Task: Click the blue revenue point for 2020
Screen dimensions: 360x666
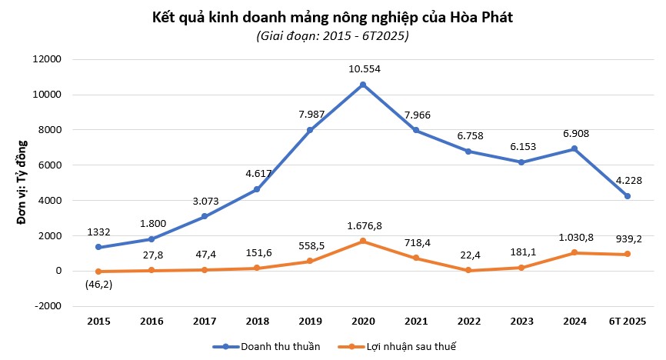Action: (363, 85)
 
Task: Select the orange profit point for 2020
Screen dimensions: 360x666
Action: (363, 241)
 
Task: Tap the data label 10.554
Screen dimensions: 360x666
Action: (363, 67)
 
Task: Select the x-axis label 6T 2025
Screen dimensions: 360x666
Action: (627, 321)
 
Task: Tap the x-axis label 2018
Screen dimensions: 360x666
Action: (257, 321)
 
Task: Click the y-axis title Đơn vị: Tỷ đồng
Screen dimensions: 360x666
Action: (22, 182)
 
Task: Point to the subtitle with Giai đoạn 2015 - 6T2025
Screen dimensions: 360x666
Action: (332, 36)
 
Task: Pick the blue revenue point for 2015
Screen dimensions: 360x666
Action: (99, 247)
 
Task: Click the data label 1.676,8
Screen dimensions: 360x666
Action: (363, 225)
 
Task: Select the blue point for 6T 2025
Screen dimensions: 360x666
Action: (627, 196)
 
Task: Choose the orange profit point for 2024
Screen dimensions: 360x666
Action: (574, 252)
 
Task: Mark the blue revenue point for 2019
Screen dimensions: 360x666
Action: (310, 130)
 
